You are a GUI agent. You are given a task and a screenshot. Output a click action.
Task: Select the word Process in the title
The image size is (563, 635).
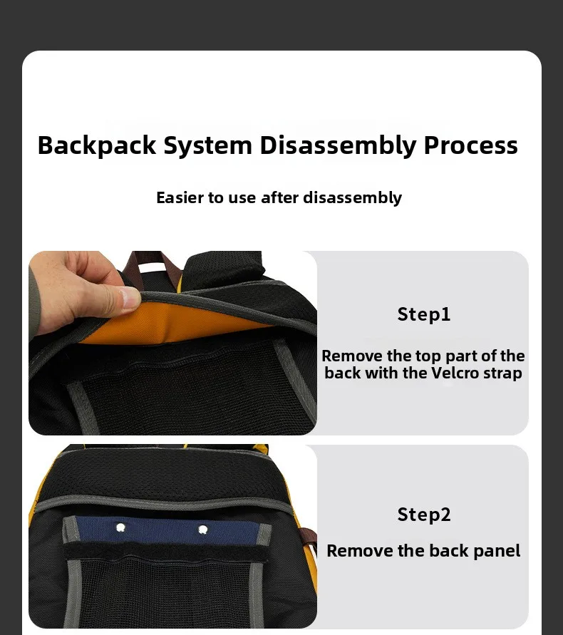[x=470, y=145]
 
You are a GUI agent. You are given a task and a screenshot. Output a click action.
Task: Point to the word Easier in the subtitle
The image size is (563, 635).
[x=180, y=197]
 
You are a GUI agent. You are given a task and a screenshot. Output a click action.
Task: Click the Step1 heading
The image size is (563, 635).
[x=423, y=315]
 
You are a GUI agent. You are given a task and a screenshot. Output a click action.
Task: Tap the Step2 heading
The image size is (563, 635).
[x=423, y=515]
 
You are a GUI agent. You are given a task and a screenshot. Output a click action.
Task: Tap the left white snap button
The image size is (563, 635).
[x=120, y=527]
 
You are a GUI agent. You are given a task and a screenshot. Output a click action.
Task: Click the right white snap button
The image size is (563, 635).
[x=203, y=530]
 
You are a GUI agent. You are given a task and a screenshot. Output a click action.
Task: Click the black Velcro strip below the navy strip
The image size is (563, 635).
[x=165, y=552]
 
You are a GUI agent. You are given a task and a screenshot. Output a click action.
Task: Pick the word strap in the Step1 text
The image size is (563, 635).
[x=502, y=373]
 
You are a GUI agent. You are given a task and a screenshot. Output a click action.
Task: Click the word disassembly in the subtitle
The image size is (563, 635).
[x=352, y=197]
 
